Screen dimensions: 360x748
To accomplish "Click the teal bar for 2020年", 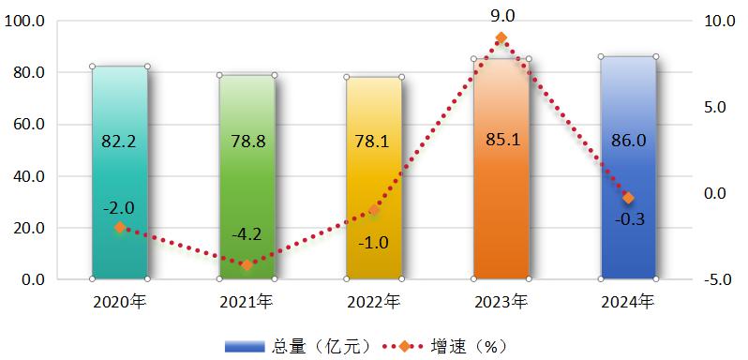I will [x=120, y=178].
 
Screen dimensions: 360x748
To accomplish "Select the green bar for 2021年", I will [x=247, y=178].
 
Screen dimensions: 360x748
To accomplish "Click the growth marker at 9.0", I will [x=501, y=38].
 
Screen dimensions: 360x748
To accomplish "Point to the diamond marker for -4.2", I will [x=247, y=265].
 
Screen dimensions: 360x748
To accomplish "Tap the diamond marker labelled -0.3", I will [x=628, y=198].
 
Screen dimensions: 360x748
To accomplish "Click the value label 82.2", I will [x=120, y=142].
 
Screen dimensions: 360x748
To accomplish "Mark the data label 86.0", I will [x=628, y=142].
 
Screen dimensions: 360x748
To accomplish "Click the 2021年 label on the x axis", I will [x=247, y=302].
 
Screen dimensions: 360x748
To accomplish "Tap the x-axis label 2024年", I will [x=628, y=302].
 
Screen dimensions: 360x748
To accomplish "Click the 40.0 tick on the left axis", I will [x=29, y=176].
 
